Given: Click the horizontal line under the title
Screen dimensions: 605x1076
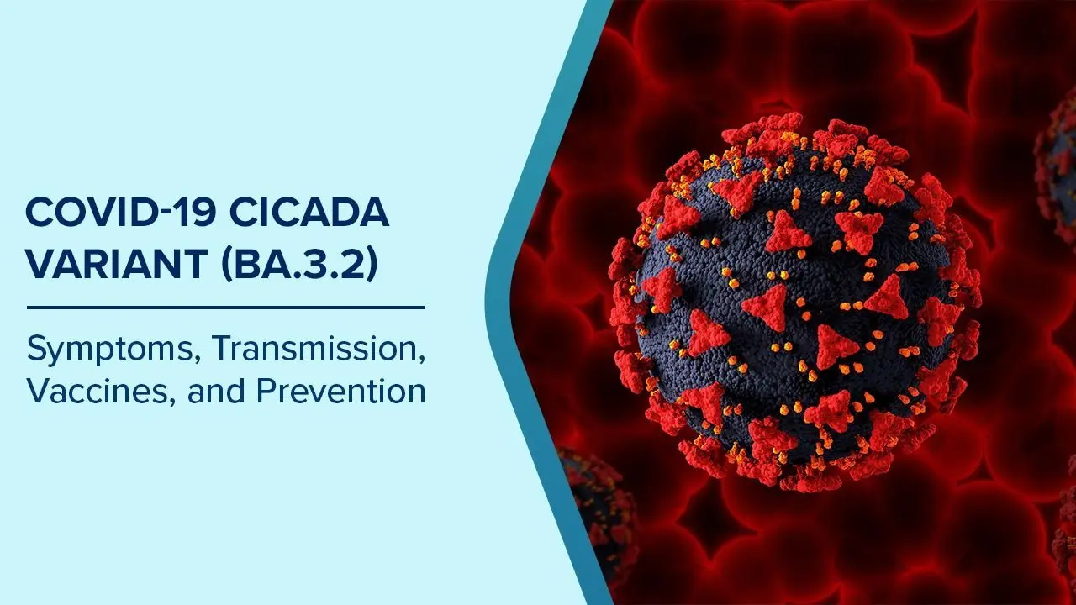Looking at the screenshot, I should tap(225, 308).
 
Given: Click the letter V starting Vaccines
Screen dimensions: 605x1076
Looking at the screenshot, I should tap(38, 391).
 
